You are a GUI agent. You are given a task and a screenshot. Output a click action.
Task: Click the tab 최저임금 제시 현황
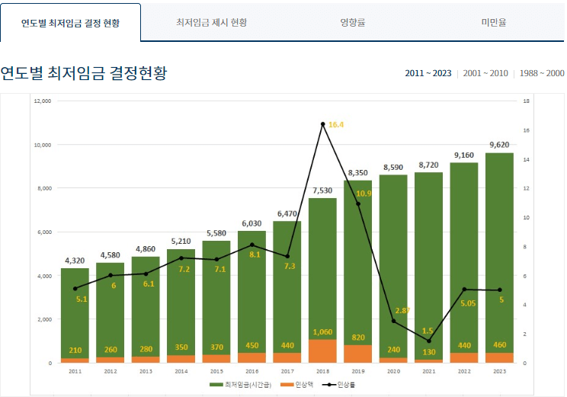(211, 22)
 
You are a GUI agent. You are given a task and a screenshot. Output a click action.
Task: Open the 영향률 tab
(353, 22)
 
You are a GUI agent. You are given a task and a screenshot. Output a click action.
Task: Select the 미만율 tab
(494, 22)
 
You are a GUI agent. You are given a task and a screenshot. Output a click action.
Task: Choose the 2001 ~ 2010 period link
(485, 73)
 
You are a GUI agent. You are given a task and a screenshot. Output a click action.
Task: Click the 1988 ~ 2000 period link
(542, 73)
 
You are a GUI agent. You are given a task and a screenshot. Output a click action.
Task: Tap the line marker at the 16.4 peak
(323, 123)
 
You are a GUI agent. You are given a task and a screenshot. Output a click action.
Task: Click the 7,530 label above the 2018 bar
(323, 190)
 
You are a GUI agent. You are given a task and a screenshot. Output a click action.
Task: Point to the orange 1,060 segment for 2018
(323, 351)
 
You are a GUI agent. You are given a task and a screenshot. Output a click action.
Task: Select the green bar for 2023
(499, 251)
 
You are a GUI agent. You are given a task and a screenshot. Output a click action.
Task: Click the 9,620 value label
(499, 145)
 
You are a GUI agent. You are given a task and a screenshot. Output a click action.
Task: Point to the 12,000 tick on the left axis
(43, 101)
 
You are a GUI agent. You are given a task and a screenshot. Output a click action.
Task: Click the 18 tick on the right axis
(526, 101)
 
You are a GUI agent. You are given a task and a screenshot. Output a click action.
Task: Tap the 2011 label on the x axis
(75, 371)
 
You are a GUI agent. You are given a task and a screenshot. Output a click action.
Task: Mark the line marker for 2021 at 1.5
(429, 341)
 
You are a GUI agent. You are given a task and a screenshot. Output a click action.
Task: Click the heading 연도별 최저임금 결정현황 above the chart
(84, 73)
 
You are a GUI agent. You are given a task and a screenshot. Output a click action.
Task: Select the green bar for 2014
(181, 305)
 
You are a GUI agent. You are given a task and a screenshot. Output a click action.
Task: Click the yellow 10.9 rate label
(364, 194)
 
